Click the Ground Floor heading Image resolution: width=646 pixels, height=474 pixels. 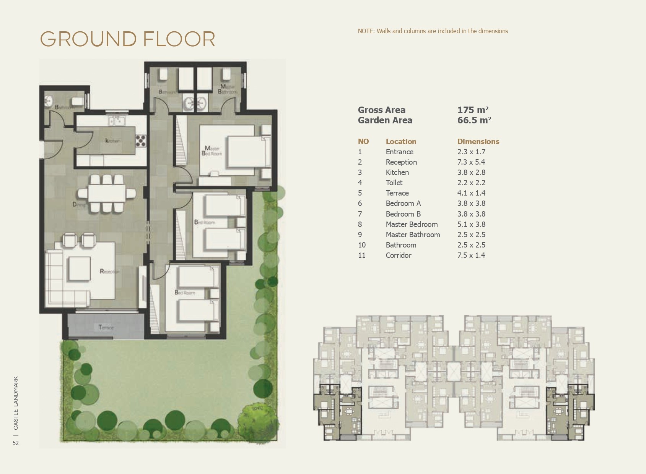(127, 39)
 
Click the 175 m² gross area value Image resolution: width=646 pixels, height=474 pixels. (473, 110)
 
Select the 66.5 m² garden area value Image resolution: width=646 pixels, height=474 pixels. (474, 120)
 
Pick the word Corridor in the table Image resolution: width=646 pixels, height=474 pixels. (398, 255)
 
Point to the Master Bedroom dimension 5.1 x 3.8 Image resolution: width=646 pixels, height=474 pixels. (472, 224)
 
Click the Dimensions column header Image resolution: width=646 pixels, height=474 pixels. (478, 141)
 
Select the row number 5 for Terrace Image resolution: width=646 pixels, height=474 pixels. (360, 193)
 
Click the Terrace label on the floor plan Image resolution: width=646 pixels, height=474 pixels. (106, 327)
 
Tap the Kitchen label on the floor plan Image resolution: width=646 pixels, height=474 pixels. (112, 141)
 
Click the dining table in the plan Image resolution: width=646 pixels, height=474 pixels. (107, 193)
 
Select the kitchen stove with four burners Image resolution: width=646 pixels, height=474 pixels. (140, 141)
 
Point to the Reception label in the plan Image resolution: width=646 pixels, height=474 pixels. (109, 272)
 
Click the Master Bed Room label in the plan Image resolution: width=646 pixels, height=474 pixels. (212, 151)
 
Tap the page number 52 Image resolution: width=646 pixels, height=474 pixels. (16, 443)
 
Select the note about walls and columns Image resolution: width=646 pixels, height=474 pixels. (433, 31)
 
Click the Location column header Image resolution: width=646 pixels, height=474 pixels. (400, 141)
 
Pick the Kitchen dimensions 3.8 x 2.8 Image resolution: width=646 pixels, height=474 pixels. (471, 172)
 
